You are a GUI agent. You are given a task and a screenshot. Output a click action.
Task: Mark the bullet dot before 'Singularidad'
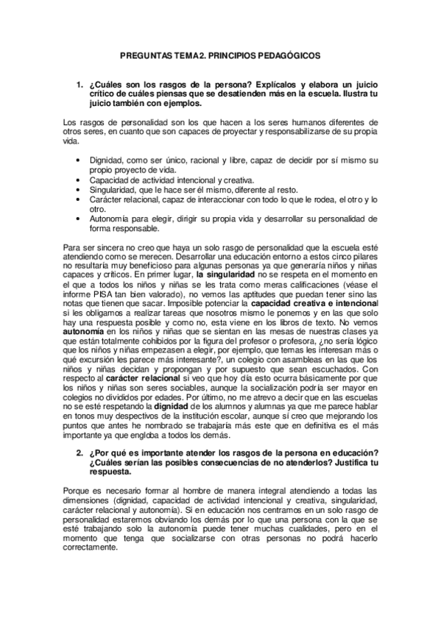tap(80, 189)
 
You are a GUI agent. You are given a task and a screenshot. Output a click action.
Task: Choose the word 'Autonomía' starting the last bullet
tap(110, 219)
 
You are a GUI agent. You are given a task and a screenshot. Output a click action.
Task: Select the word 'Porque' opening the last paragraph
tap(78, 490)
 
